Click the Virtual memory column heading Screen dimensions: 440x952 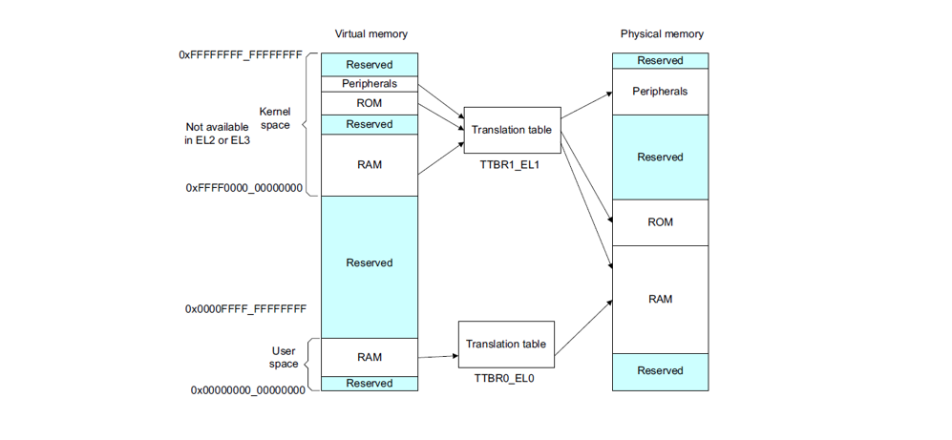[x=370, y=34]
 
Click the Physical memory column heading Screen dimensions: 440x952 [x=661, y=34]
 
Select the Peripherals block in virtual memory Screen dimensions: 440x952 [x=370, y=84]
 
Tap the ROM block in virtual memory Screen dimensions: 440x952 [x=370, y=103]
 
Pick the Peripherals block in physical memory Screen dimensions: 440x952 [x=660, y=92]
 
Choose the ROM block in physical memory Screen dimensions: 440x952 [x=660, y=222]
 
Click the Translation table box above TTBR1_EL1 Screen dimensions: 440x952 [x=512, y=130]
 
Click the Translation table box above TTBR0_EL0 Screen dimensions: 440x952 [x=506, y=344]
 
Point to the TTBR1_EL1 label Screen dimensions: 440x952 [x=511, y=165]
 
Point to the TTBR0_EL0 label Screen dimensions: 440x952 [x=505, y=379]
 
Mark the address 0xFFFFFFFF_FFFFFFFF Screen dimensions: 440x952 [x=241, y=55]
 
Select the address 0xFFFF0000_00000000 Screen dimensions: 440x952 [x=244, y=188]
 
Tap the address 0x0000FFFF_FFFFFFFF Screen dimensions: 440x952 [x=245, y=309]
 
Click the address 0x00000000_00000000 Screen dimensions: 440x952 [x=248, y=389]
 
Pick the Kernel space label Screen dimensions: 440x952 [x=274, y=118]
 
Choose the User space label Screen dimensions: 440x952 [x=284, y=357]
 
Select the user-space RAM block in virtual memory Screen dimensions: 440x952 [x=370, y=357]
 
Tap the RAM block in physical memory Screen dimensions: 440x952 [x=660, y=299]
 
